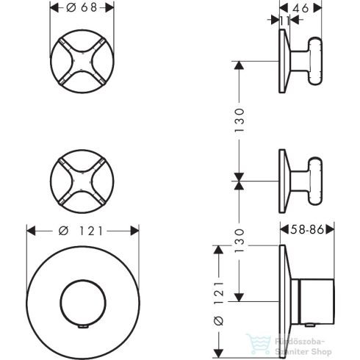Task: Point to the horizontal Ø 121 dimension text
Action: (82, 231)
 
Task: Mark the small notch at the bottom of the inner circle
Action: (82, 324)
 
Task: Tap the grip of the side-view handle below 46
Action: (316, 63)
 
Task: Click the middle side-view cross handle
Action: (301, 177)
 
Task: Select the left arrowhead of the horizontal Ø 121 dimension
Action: (29, 231)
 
